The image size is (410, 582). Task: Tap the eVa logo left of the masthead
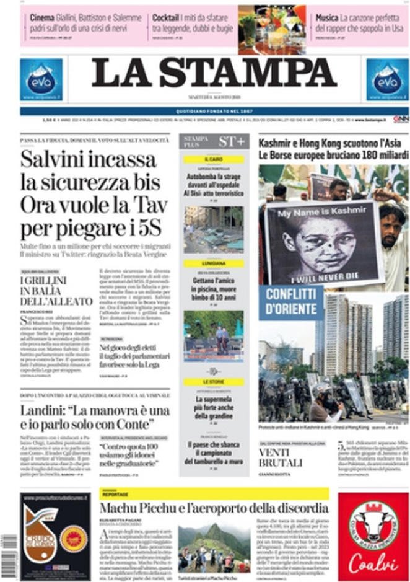coord(41,79)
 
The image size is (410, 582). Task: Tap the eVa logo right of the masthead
coord(387,79)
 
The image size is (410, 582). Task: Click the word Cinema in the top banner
coord(42,17)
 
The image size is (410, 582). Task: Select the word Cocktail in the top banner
coord(167,17)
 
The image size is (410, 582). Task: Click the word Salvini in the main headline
coord(51,159)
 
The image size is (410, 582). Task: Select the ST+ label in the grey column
coord(232,141)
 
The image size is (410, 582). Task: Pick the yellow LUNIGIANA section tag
coord(214,263)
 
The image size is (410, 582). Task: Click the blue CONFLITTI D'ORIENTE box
coord(291,302)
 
